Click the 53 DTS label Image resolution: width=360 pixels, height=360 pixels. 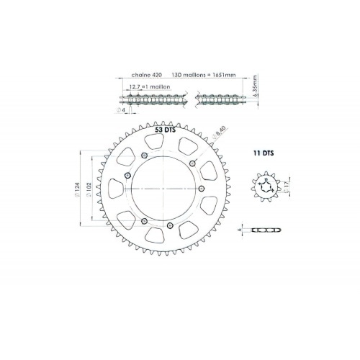click(165, 132)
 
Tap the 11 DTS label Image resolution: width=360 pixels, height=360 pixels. click(263, 153)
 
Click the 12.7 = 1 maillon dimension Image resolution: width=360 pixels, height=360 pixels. click(143, 87)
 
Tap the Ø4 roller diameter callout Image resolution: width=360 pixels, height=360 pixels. click(123, 111)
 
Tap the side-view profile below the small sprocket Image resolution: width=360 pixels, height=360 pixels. click(264, 230)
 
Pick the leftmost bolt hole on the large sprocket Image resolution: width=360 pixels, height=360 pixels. click(127, 175)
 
